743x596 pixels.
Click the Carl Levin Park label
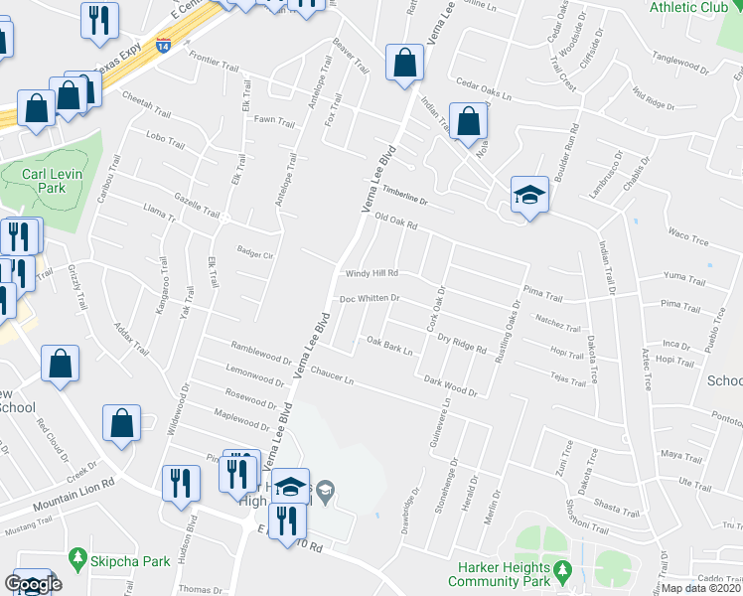click(x=45, y=181)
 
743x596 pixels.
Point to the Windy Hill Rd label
click(x=371, y=273)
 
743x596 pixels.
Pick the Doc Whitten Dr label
click(x=370, y=297)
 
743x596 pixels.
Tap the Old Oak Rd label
click(x=395, y=225)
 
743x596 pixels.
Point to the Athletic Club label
click(x=687, y=7)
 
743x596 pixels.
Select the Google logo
click(x=33, y=584)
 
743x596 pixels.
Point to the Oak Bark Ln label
click(x=389, y=346)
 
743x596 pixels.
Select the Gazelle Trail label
click(x=196, y=206)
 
